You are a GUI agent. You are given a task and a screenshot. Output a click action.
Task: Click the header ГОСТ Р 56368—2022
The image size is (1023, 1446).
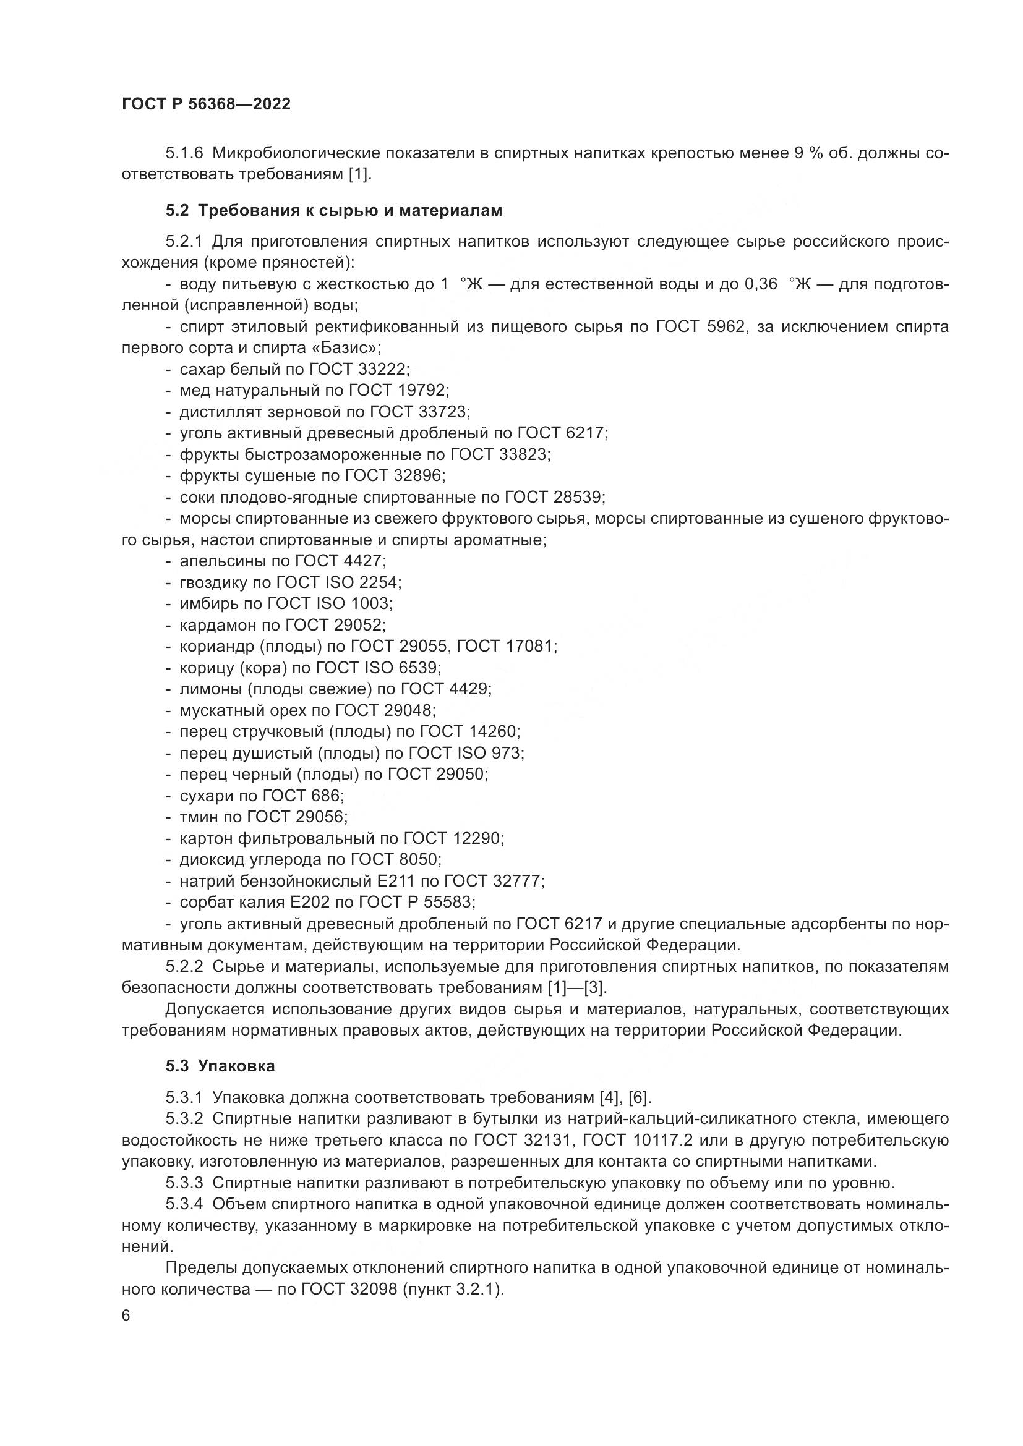206,104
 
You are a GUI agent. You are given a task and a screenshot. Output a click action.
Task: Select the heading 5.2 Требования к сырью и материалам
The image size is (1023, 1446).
334,210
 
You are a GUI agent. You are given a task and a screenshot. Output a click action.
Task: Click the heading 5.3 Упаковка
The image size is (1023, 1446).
220,1066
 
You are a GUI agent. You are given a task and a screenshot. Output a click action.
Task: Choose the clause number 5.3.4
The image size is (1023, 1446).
184,1204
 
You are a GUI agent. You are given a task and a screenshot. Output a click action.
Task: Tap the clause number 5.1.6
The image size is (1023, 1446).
184,153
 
